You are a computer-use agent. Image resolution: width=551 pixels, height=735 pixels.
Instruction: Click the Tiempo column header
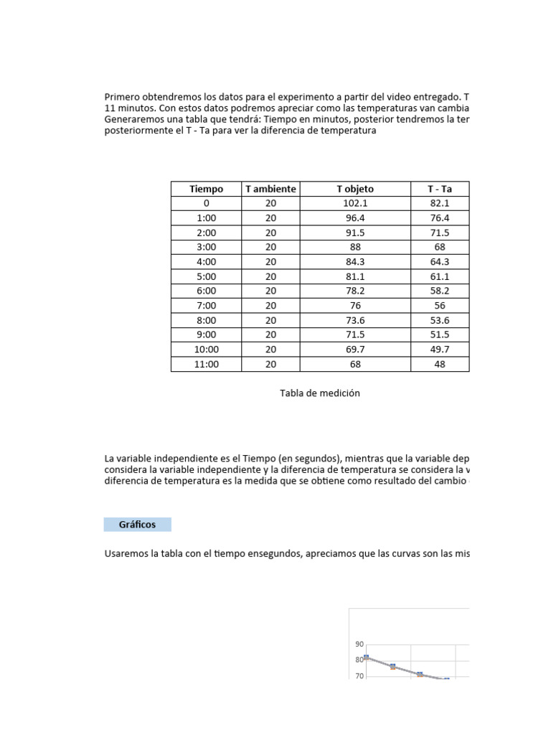pyautogui.click(x=206, y=189)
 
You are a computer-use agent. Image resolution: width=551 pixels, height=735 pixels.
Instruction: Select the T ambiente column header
pyautogui.click(x=270, y=189)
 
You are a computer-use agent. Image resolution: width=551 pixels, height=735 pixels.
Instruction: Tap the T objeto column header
pyautogui.click(x=355, y=189)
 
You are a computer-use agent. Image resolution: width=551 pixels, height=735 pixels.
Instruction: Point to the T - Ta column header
pyautogui.click(x=440, y=189)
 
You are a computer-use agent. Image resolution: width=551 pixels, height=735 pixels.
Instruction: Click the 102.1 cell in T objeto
pyautogui.click(x=355, y=203)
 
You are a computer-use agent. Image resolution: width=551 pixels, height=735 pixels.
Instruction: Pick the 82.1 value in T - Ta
pyautogui.click(x=440, y=203)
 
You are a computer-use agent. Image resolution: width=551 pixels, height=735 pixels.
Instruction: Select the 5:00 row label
pyautogui.click(x=206, y=276)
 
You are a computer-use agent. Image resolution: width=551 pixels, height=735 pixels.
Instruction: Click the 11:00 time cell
pyautogui.click(x=206, y=364)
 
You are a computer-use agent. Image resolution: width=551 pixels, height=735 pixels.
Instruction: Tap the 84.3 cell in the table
pyautogui.click(x=355, y=262)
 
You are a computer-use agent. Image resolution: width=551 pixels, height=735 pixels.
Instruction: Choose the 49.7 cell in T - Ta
pyautogui.click(x=440, y=350)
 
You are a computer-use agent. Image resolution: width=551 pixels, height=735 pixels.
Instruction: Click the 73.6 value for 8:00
pyautogui.click(x=355, y=320)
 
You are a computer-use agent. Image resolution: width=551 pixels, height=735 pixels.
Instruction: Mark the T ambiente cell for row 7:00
pyautogui.click(x=270, y=306)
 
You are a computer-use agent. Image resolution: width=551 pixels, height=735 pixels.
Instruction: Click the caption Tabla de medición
pyautogui.click(x=320, y=393)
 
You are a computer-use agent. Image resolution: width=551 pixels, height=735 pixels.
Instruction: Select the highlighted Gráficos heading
pyautogui.click(x=137, y=525)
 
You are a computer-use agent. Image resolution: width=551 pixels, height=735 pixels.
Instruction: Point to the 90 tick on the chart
pyautogui.click(x=359, y=645)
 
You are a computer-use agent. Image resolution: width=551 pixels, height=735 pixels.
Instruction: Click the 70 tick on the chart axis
pyautogui.click(x=359, y=676)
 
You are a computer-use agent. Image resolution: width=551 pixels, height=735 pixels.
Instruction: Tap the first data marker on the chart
pyautogui.click(x=366, y=657)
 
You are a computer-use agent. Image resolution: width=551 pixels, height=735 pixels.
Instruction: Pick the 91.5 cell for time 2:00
pyautogui.click(x=355, y=233)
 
